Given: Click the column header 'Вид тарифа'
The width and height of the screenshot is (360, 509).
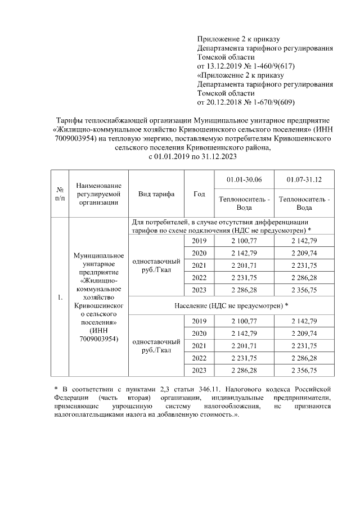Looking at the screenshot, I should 156,194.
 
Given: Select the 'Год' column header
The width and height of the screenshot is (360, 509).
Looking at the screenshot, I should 199,194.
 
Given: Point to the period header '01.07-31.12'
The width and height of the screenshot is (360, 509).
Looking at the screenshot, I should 304,179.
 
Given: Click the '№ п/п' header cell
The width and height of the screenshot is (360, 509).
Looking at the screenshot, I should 60,194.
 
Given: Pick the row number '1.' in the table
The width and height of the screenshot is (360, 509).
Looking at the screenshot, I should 60,297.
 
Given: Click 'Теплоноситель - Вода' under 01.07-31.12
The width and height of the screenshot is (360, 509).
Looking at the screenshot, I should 304,203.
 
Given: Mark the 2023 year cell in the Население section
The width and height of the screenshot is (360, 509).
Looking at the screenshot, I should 199,370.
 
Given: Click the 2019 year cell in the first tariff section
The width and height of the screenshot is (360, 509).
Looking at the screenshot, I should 199,241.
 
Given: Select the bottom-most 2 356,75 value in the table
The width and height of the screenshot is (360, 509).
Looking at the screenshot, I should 304,370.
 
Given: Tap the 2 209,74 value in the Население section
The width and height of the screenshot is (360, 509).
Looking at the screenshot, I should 304,333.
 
